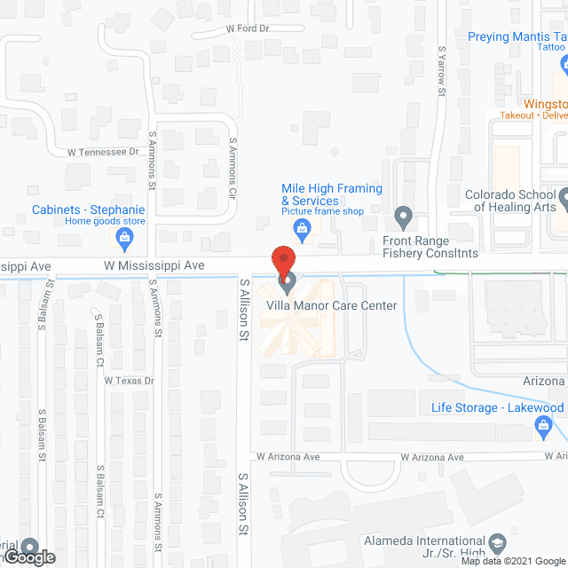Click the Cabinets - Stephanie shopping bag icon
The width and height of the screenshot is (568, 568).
(x=124, y=238)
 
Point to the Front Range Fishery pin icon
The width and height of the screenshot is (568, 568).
(x=404, y=217)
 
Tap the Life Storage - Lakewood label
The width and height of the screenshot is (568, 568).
(x=497, y=407)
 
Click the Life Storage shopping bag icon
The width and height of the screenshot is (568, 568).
(x=543, y=429)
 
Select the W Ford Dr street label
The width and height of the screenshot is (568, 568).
(x=247, y=28)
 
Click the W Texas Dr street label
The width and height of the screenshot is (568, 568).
(x=130, y=381)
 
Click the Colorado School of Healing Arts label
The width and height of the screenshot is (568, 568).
(x=514, y=201)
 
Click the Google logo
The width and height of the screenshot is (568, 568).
(x=28, y=557)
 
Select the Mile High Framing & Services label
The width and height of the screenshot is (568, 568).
(x=331, y=194)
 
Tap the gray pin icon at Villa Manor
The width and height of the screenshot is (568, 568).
(x=288, y=284)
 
